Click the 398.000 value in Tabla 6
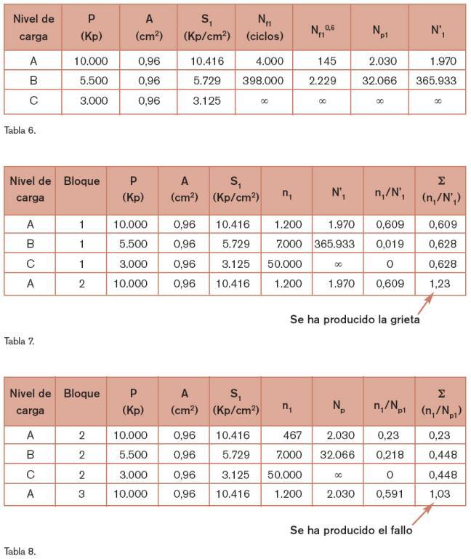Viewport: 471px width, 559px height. coord(263,81)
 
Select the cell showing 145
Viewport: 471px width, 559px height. coord(321,61)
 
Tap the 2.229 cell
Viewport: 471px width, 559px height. coord(321,81)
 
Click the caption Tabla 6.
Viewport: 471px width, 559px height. coord(20,131)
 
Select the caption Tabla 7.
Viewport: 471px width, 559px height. coord(20,341)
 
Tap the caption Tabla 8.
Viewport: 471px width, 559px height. coord(20,551)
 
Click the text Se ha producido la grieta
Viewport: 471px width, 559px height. coord(355,319)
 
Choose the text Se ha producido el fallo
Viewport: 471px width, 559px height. coord(351,530)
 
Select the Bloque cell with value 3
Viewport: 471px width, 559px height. coord(81,495)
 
